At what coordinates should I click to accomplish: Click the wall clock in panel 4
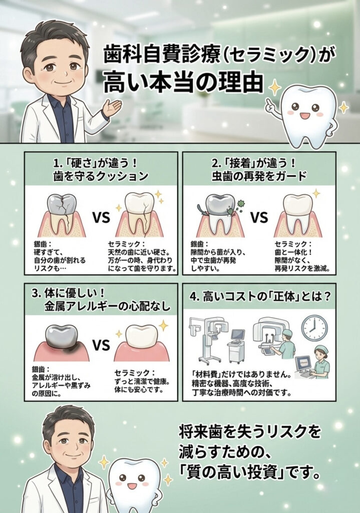(314, 328)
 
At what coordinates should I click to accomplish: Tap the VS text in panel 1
(101, 217)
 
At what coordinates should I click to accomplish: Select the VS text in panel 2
(259, 217)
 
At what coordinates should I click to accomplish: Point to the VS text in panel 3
(101, 345)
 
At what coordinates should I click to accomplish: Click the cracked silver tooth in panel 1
(62, 214)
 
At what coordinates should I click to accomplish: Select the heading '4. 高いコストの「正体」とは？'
(260, 297)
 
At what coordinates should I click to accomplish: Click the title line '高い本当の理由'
(183, 83)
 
